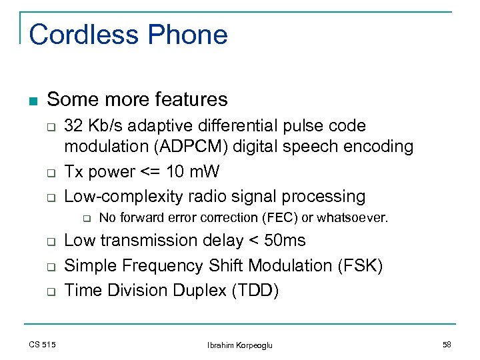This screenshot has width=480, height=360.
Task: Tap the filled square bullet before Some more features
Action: click(x=33, y=101)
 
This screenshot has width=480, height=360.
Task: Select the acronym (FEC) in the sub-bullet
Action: click(x=280, y=218)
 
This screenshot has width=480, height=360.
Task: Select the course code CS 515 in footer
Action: click(x=42, y=344)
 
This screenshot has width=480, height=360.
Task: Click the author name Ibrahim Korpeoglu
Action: click(x=239, y=344)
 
